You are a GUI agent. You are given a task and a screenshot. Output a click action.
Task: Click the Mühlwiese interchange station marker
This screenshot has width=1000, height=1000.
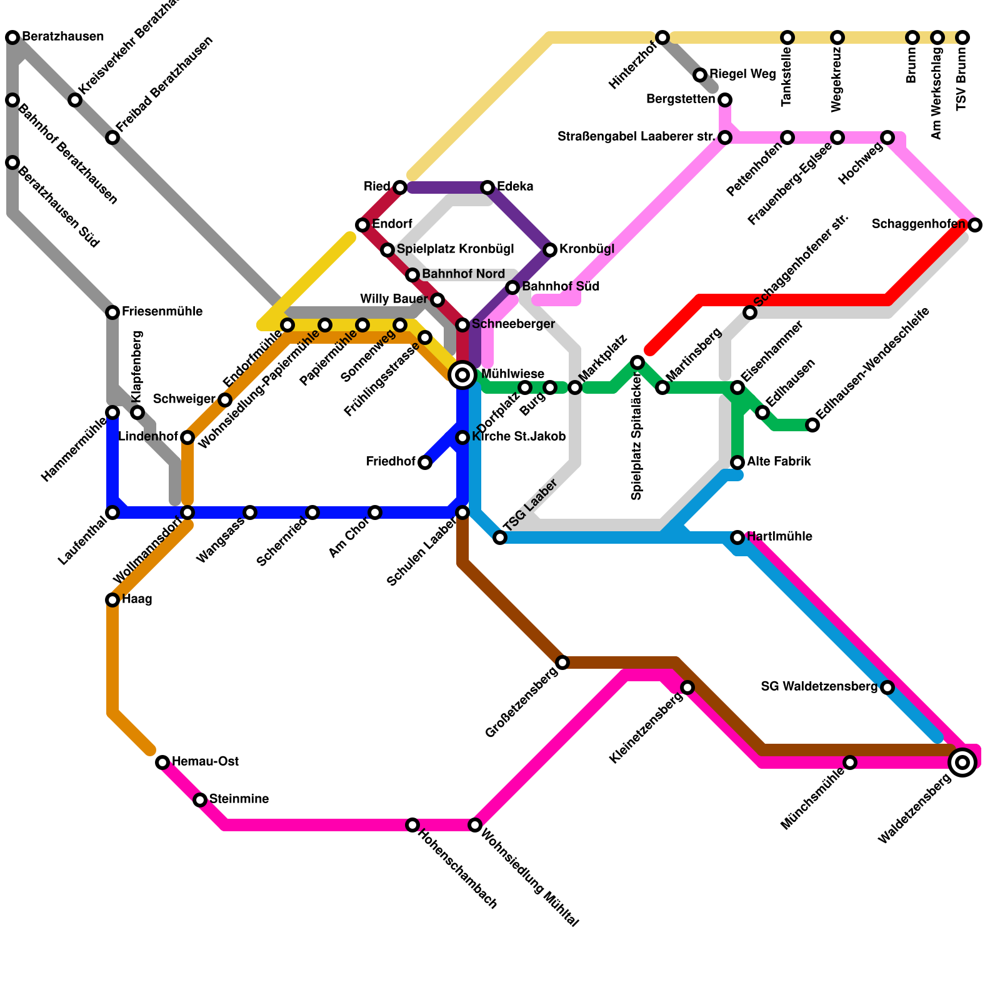pos(462,375)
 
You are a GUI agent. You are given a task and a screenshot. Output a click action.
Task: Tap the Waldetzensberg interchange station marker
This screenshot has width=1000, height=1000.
pos(962,762)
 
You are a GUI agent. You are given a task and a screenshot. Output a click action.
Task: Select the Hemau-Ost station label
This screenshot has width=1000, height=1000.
pos(205,762)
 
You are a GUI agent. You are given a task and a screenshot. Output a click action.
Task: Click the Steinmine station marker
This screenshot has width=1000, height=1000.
pos(200,800)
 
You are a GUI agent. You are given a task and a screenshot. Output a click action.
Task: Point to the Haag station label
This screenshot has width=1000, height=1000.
pos(137,599)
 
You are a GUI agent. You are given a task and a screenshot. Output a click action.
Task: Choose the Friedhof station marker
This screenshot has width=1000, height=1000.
pos(425,462)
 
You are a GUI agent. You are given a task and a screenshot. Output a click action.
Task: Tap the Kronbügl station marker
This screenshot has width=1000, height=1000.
pos(550,250)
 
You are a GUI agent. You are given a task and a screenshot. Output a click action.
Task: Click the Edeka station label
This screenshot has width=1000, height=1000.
pos(515,187)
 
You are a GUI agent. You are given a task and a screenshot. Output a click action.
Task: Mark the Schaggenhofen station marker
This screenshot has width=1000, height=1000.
pos(975,225)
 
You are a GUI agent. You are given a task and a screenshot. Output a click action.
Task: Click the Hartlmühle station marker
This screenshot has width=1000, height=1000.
pos(737,537)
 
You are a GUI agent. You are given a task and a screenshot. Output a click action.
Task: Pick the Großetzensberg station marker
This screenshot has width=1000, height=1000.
pos(562,662)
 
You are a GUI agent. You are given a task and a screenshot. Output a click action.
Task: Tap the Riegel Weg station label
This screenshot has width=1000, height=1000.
pos(742,74)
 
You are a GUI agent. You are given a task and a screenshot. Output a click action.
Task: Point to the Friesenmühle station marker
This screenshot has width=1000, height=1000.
pos(112,312)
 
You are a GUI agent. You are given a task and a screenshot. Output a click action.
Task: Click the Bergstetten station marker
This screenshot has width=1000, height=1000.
pos(725,100)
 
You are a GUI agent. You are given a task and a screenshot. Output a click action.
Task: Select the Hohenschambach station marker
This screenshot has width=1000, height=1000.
pos(412,825)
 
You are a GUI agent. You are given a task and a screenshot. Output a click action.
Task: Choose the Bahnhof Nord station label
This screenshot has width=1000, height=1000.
pos(463,274)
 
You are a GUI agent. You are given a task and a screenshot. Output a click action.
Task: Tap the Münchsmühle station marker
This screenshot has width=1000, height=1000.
pos(850,762)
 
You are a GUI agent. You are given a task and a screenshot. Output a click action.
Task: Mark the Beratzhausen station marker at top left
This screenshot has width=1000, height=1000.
pos(12,37)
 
